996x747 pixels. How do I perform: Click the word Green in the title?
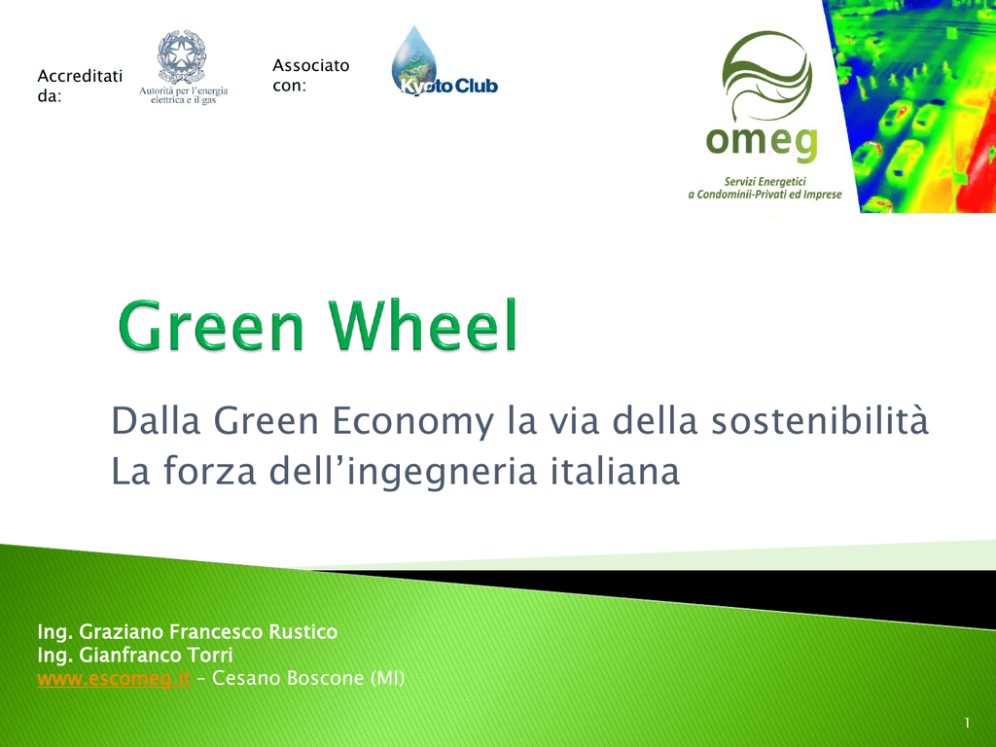(211, 326)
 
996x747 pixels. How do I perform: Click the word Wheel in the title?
(424, 325)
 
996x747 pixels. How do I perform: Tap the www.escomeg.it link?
(114, 678)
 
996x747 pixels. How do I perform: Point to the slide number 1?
(967, 723)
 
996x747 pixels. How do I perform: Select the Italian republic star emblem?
(182, 56)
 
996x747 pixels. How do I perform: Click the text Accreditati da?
(80, 86)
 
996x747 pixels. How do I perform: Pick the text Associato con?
(311, 75)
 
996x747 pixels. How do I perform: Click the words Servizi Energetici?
(765, 182)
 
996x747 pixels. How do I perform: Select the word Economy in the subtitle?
(412, 421)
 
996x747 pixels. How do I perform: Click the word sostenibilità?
(819, 420)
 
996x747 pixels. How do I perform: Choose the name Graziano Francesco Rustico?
(208, 632)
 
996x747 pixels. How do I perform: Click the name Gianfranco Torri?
(157, 655)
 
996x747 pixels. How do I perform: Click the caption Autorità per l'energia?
(184, 90)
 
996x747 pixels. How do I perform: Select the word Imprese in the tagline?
(823, 195)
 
